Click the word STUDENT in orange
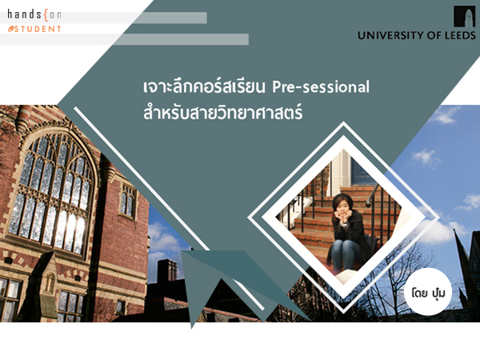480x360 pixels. (x=38, y=29)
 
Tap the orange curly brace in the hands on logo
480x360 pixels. (x=46, y=15)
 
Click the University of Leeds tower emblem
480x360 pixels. (x=464, y=17)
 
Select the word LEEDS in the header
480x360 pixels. (x=460, y=35)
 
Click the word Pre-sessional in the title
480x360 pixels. (x=321, y=87)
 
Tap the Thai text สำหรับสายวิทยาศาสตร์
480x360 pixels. (x=223, y=112)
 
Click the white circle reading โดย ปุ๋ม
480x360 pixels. (x=428, y=292)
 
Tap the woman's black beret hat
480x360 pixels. (x=341, y=199)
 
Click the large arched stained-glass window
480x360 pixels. (x=53, y=190)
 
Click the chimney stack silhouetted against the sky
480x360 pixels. (x=167, y=270)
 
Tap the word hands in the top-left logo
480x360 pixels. (x=25, y=14)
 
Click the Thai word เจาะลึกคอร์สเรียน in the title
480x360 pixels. (x=203, y=87)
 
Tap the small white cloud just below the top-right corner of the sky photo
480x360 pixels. (x=446, y=115)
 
